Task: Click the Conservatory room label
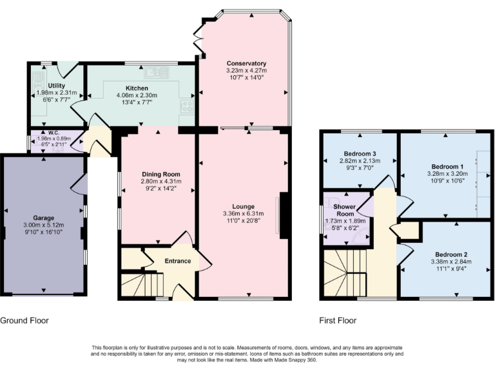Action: pyautogui.click(x=246, y=63)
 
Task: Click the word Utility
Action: pyautogui.click(x=56, y=85)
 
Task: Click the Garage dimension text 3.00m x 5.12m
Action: pyautogui.click(x=44, y=225)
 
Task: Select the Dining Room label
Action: pyautogui.click(x=160, y=175)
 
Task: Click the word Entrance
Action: pyautogui.click(x=178, y=261)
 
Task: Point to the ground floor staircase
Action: pyautogui.click(x=142, y=283)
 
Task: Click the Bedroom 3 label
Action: pyautogui.click(x=359, y=153)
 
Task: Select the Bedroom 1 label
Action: pyautogui.click(x=443, y=166)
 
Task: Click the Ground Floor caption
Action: pyautogui.click(x=24, y=320)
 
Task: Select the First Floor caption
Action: pyautogui.click(x=338, y=320)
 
